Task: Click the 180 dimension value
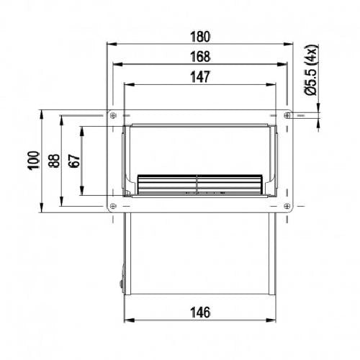click(200, 37)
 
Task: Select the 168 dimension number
click(200, 57)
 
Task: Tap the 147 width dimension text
click(200, 77)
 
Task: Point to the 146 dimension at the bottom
click(200, 312)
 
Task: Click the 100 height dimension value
click(34, 161)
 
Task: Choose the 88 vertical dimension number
click(54, 161)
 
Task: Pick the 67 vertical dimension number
click(74, 161)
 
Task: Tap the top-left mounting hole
click(113, 115)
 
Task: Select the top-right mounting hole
click(287, 115)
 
